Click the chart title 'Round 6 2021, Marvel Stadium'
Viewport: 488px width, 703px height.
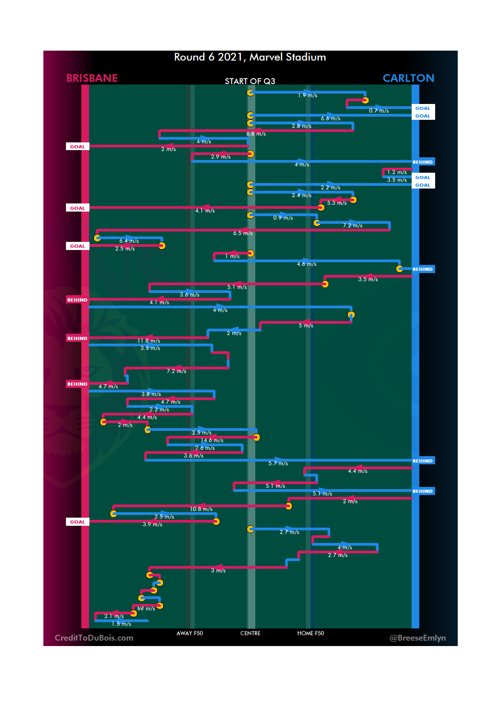[250, 57]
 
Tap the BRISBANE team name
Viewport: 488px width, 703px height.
[92, 78]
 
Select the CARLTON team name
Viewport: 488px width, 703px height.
[408, 78]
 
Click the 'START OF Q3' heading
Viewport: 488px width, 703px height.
[250, 81]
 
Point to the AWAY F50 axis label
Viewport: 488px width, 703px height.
[190, 633]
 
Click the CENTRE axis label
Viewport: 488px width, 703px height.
[250, 633]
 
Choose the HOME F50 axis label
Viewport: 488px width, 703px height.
[310, 633]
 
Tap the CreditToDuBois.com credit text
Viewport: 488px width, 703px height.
[94, 638]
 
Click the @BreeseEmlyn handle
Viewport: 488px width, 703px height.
[418, 638]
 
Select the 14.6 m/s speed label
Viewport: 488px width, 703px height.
[212, 440]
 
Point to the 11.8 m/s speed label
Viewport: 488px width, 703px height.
[149, 341]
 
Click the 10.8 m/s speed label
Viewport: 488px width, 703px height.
[201, 509]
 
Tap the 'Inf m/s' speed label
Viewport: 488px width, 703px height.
[146, 609]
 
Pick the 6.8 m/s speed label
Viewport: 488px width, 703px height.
[256, 134]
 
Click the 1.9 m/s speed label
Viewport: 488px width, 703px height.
[307, 95]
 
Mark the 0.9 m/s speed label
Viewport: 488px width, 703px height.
[283, 218]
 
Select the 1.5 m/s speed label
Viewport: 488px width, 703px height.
[122, 624]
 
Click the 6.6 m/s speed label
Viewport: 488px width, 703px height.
[331, 118]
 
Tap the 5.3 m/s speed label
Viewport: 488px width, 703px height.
[337, 203]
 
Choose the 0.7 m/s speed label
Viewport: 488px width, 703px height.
[379, 111]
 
